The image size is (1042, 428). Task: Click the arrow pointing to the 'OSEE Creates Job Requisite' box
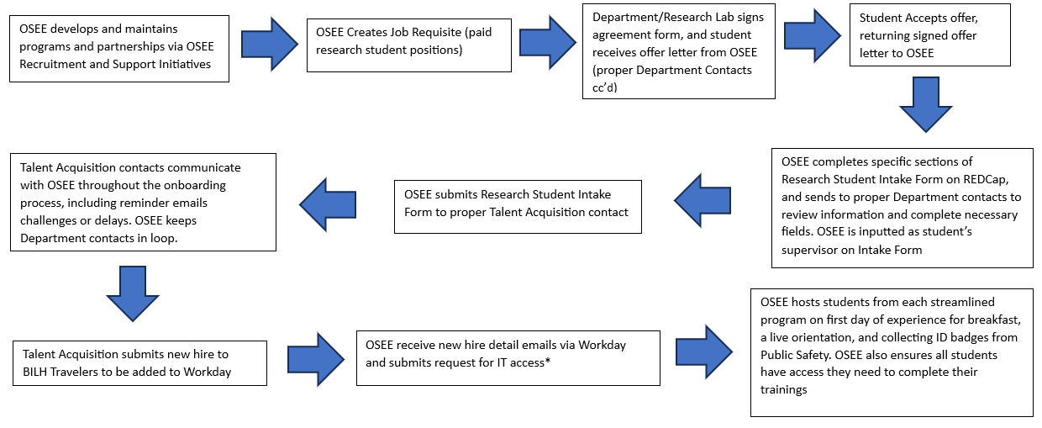point(268,42)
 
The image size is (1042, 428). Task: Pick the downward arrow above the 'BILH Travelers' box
point(133,293)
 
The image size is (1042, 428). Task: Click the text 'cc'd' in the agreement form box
point(605,86)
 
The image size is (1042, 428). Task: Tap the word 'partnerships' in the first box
point(111,47)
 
